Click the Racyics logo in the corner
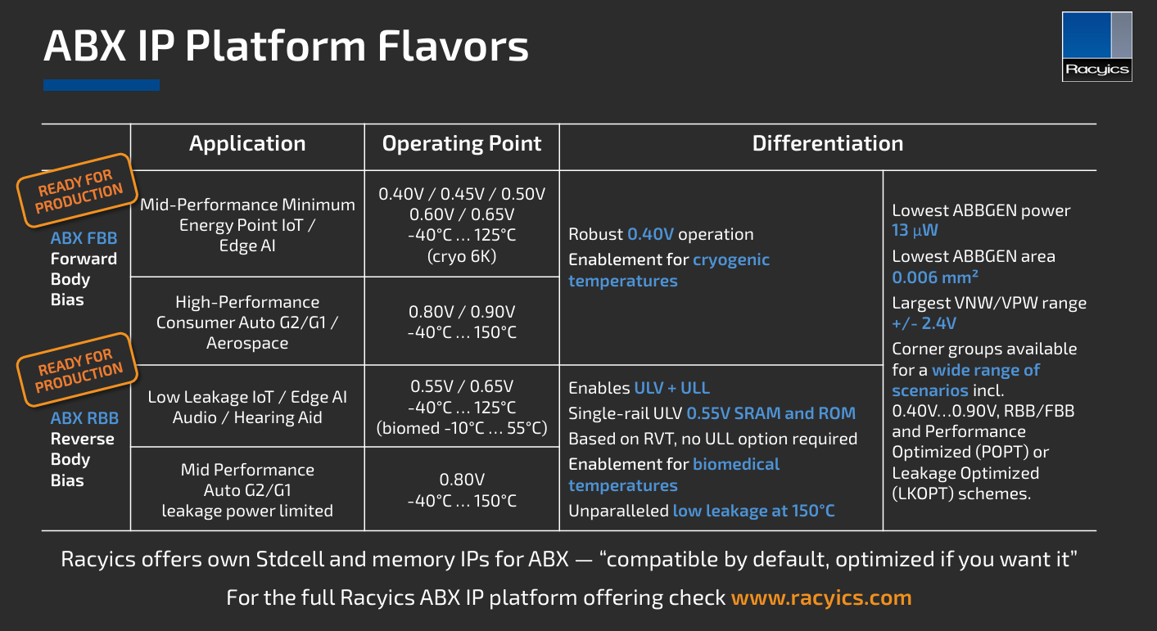1096,47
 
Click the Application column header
247,143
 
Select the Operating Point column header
462,143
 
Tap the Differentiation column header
828,143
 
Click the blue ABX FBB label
84,238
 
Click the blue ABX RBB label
84,417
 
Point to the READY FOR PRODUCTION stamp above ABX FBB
78,191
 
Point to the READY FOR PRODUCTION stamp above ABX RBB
78,370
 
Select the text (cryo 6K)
462,256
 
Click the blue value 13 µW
915,230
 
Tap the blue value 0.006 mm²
935,277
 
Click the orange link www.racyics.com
821,597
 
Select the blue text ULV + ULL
672,388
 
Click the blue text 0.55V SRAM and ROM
771,413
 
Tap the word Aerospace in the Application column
247,343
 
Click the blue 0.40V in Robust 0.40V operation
650,234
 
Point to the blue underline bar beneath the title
102,85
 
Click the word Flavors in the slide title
453,47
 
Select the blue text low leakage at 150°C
753,511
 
